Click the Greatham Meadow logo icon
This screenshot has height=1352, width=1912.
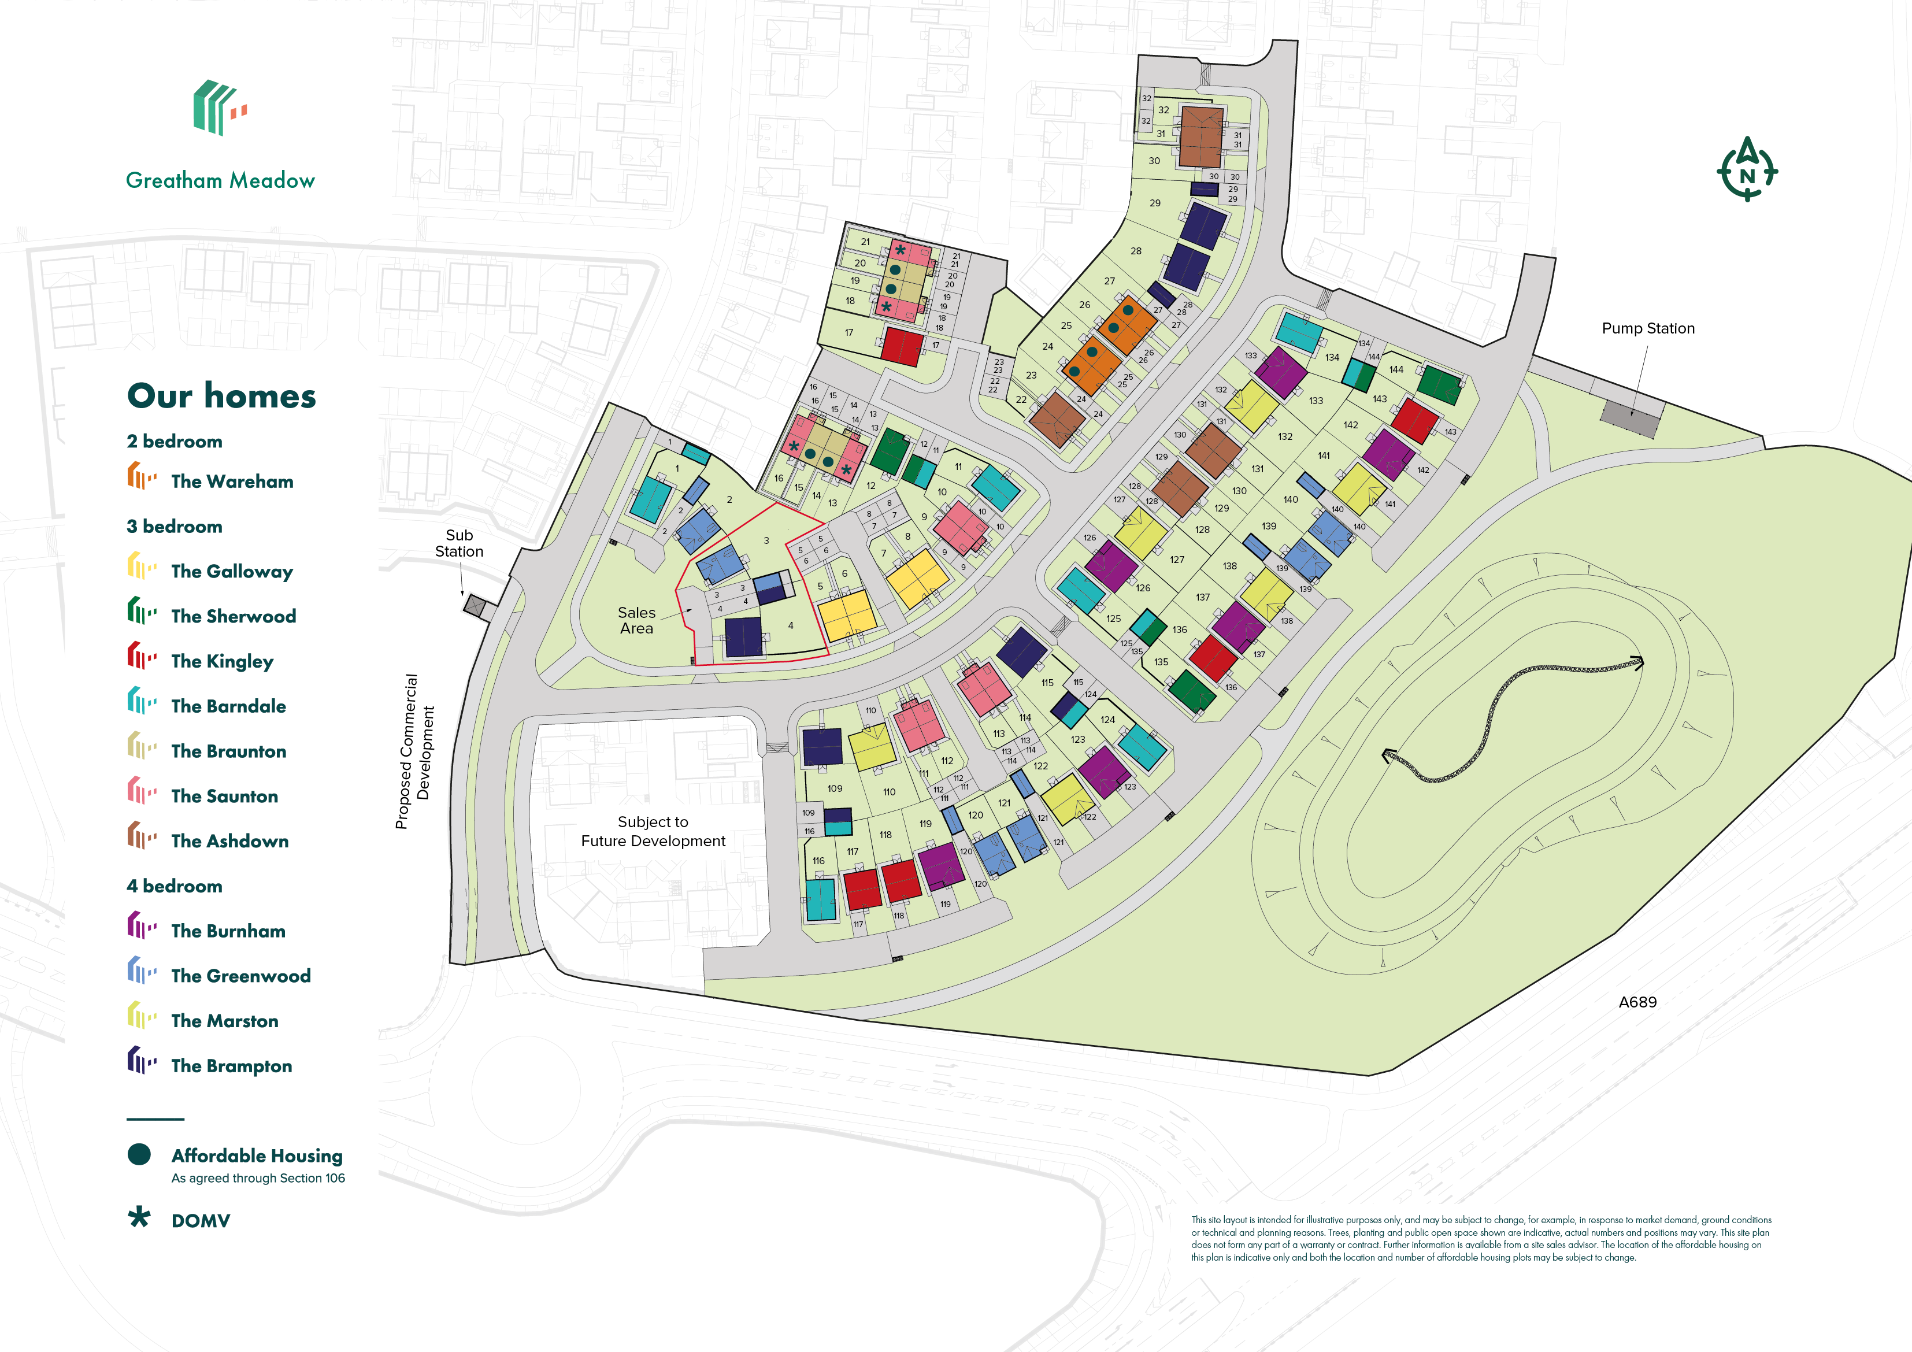(219, 108)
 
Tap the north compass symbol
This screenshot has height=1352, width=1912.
(1746, 170)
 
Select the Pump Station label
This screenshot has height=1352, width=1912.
(1647, 328)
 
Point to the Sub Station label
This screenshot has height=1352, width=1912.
(459, 543)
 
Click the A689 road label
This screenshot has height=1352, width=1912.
(1637, 1002)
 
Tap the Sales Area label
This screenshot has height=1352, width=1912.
(636, 621)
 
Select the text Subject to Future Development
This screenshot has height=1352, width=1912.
(653, 831)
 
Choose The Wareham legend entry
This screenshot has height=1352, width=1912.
(232, 481)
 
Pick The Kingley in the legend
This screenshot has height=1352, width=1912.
(221, 661)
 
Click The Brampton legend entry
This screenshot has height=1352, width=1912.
(231, 1066)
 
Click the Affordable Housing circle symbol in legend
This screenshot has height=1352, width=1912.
(139, 1154)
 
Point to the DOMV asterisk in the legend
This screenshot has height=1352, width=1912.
(139, 1218)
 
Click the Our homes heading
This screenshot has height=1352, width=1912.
(221, 396)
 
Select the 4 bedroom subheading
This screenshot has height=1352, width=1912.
(174, 886)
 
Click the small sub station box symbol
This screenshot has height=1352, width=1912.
(475, 606)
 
